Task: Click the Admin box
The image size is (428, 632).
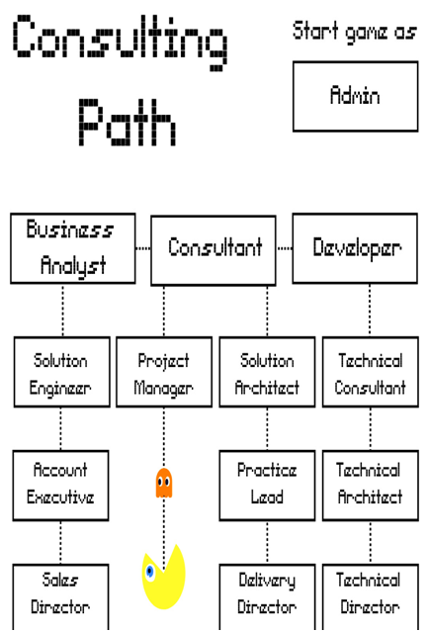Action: coord(355,96)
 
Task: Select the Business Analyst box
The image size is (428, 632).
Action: coord(73,248)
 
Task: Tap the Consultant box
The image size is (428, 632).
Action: coord(214,250)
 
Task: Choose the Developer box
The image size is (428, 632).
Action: coord(355,248)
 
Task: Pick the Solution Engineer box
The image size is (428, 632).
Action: coord(62,372)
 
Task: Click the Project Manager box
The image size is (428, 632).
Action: coord(164,372)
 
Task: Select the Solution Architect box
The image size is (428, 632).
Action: coord(267,372)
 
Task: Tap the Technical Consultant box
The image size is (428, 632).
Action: coord(371,372)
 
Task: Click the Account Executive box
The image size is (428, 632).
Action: coord(61,486)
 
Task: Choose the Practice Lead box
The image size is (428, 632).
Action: coord(267,486)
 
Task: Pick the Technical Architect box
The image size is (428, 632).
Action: coord(371,486)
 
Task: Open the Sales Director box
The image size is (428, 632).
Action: coord(61,597)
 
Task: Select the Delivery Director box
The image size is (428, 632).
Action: coord(267,597)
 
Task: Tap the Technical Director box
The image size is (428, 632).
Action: coord(371,597)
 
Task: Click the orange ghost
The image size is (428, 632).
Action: coord(164,483)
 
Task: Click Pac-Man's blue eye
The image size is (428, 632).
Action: coord(150,571)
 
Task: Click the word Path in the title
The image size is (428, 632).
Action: coord(128,123)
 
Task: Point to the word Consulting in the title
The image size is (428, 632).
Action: coord(121,42)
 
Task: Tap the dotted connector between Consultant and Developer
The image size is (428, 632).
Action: coord(285,248)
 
